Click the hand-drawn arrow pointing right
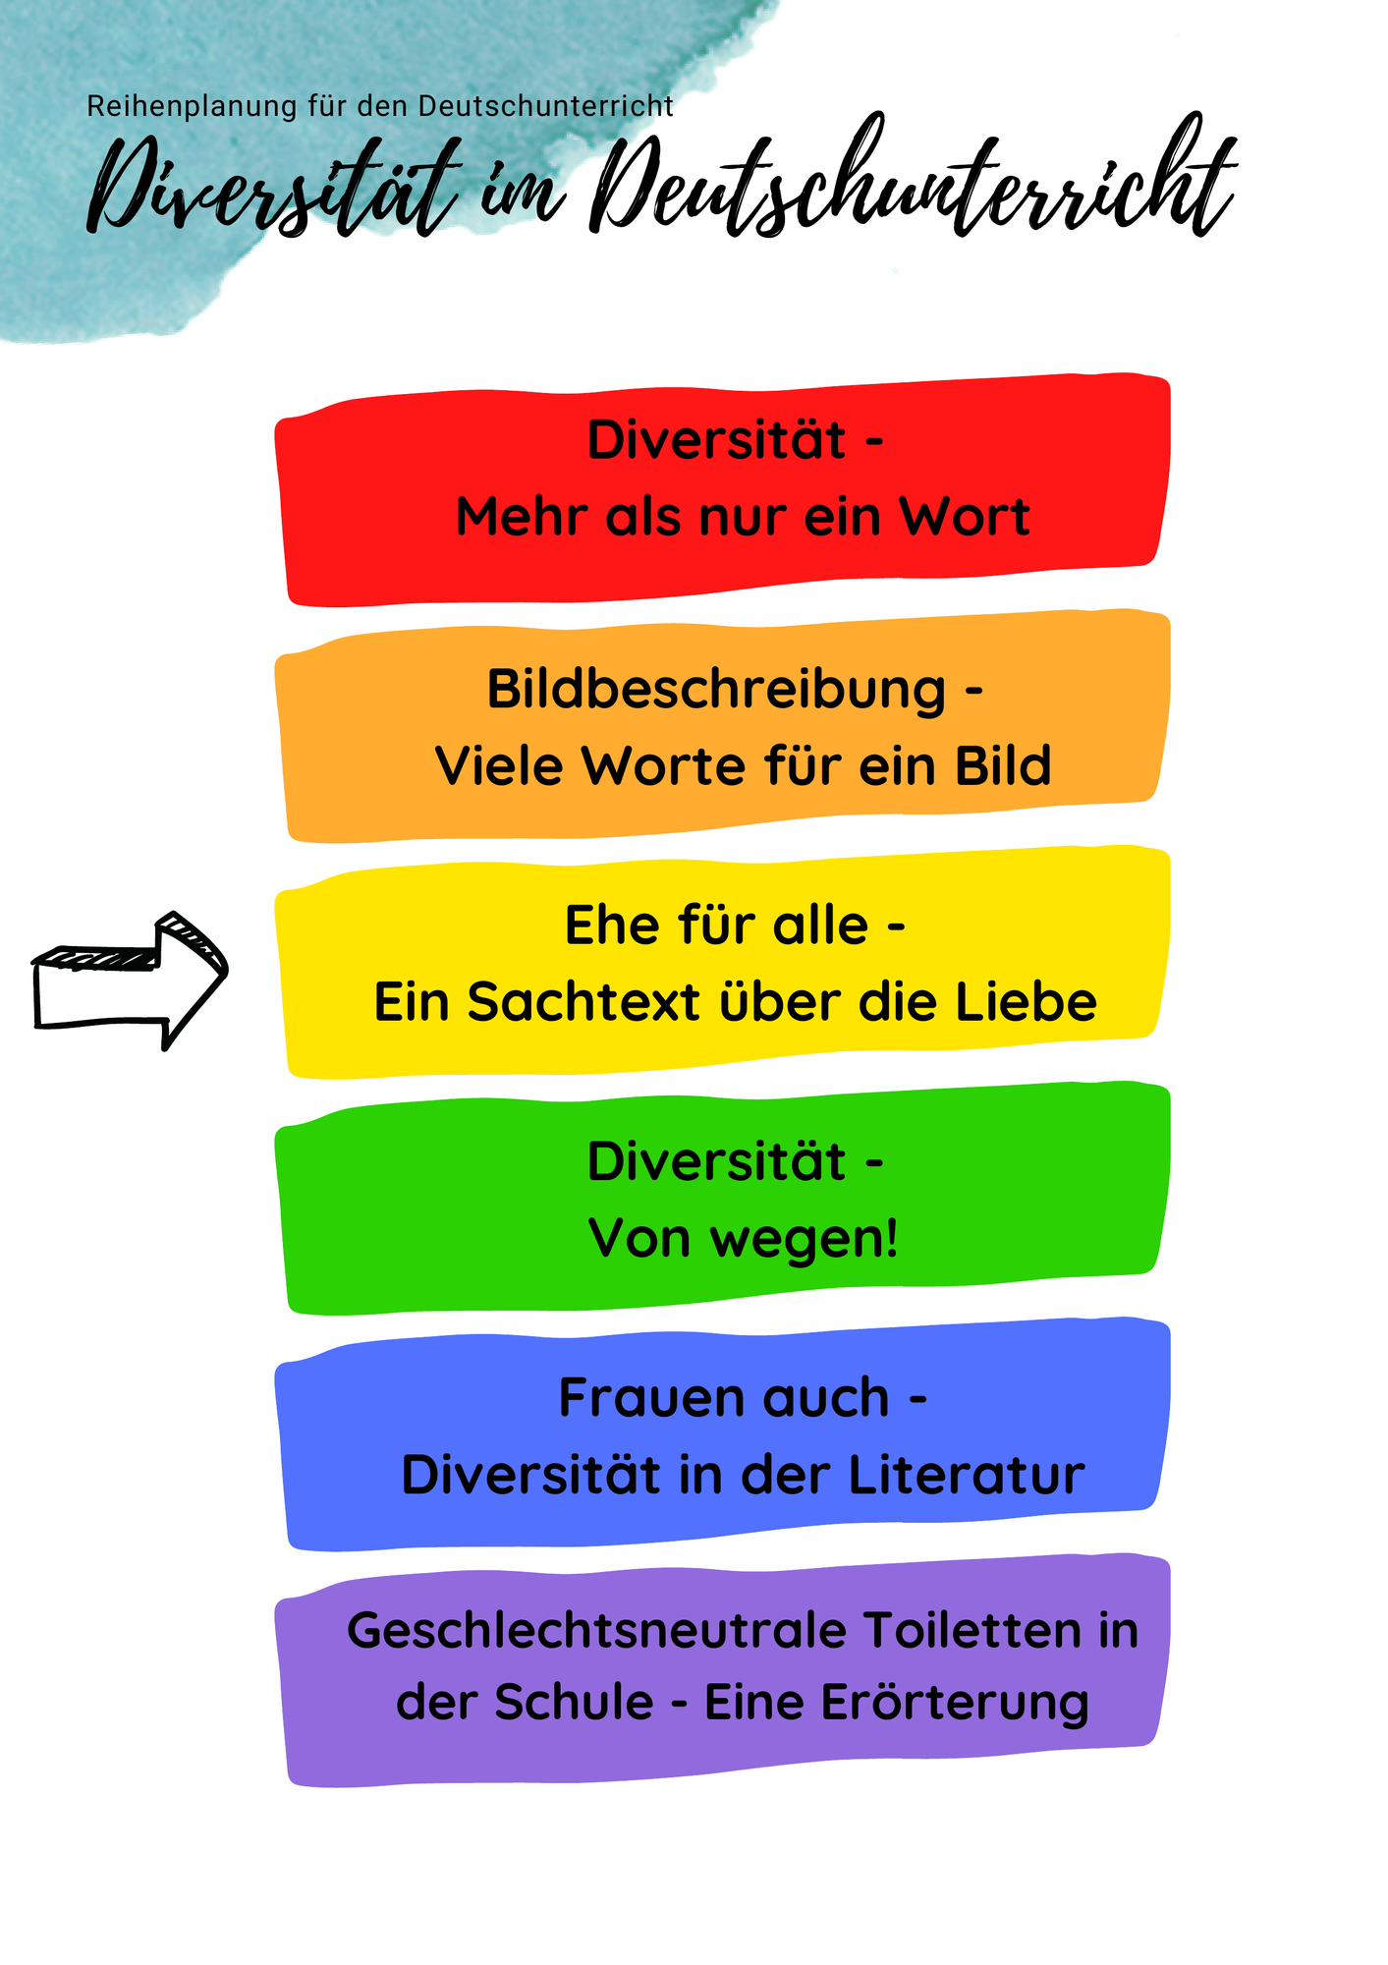coord(130,982)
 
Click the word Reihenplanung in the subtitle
coord(193,106)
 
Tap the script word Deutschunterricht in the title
coord(913,177)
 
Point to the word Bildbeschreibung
coord(716,689)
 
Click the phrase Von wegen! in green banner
coord(744,1238)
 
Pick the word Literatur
coord(967,1475)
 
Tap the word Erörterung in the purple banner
coord(956,1703)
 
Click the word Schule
coord(574,1703)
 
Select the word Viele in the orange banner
coord(498,766)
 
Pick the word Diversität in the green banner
coord(716,1161)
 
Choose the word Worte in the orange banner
coord(664,766)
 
